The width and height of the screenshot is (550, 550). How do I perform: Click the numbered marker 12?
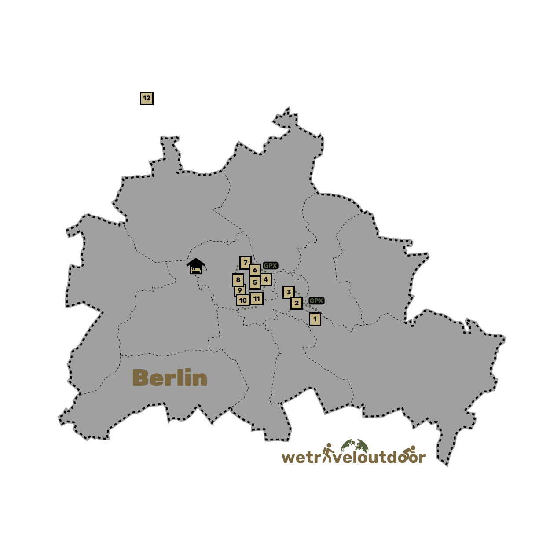click(x=147, y=98)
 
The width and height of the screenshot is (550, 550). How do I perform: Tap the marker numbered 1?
click(x=315, y=319)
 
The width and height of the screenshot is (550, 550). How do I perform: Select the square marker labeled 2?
click(x=297, y=303)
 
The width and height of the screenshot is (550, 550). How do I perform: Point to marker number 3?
click(x=289, y=292)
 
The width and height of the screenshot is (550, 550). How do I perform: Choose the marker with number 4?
click(x=266, y=279)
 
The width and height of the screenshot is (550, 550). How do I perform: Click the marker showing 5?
click(x=255, y=282)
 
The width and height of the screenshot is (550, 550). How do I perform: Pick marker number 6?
click(x=255, y=270)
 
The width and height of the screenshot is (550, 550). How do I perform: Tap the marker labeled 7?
click(x=246, y=263)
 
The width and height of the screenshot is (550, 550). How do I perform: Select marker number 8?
click(x=238, y=279)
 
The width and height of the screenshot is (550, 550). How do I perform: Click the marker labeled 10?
click(x=243, y=301)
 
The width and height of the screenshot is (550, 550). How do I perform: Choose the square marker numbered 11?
click(x=257, y=299)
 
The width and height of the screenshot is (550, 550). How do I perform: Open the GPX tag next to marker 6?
click(x=270, y=266)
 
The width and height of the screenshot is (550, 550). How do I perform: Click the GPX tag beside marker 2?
click(x=316, y=301)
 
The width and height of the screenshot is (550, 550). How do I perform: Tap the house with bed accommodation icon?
click(x=196, y=267)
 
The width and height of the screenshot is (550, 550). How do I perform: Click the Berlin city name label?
click(x=170, y=378)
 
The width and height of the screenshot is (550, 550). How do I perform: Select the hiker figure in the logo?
click(x=327, y=453)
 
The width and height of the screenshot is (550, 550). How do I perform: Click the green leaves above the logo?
click(x=355, y=444)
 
